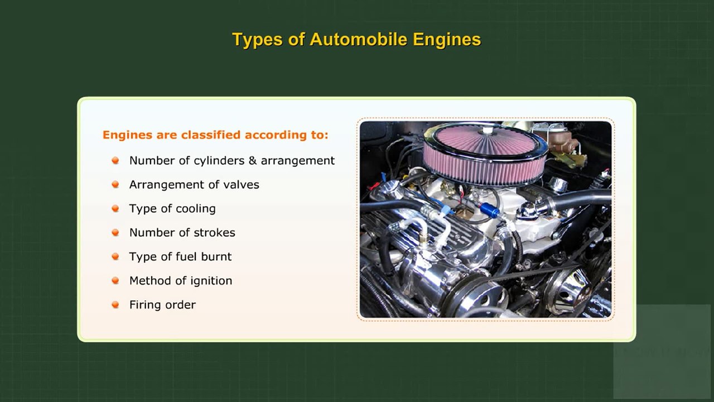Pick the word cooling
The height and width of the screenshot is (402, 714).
(x=195, y=209)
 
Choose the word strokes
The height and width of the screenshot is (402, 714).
(x=214, y=233)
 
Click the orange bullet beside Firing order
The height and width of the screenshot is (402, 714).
(x=115, y=305)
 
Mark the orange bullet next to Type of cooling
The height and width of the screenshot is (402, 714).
(x=115, y=209)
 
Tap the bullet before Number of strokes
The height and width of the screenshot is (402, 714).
(x=115, y=233)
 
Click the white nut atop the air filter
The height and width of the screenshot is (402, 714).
(x=488, y=131)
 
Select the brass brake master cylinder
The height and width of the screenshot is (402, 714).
(x=561, y=140)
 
